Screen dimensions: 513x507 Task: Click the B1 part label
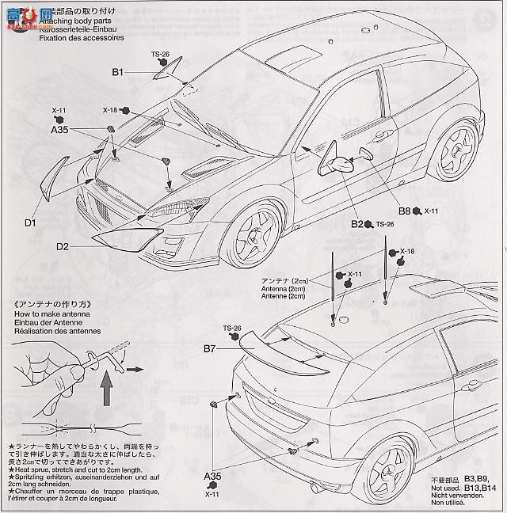(x=118, y=73)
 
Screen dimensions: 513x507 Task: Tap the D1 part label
(x=30, y=223)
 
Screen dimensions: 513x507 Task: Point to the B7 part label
(x=209, y=348)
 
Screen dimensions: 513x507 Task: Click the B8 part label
(x=404, y=212)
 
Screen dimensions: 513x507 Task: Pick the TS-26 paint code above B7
(x=231, y=328)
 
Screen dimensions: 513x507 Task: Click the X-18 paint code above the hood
(x=109, y=110)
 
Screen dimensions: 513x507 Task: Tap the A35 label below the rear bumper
(x=213, y=477)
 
